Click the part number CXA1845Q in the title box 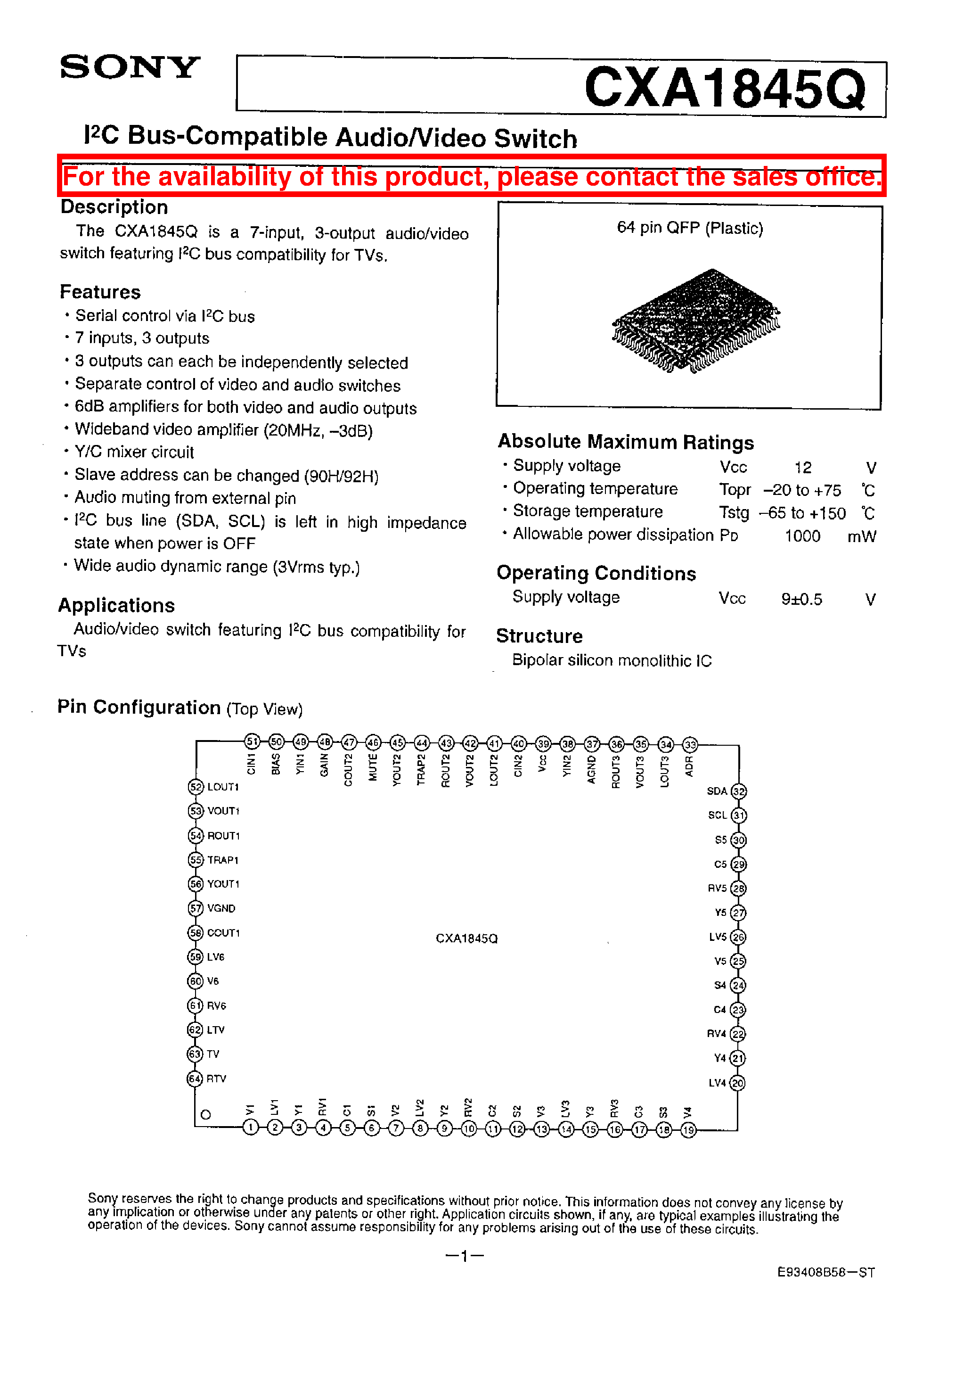click(725, 88)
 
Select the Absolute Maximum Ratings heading click(625, 442)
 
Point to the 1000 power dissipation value click(802, 536)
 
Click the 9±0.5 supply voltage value click(801, 599)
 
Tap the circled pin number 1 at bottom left click(251, 1127)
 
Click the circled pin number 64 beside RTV click(194, 1079)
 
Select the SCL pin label click(717, 815)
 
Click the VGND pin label click(221, 908)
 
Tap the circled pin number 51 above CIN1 click(252, 742)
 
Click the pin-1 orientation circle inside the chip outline click(206, 1115)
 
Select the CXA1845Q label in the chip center click(466, 939)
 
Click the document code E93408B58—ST click(825, 1272)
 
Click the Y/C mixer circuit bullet click(134, 452)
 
